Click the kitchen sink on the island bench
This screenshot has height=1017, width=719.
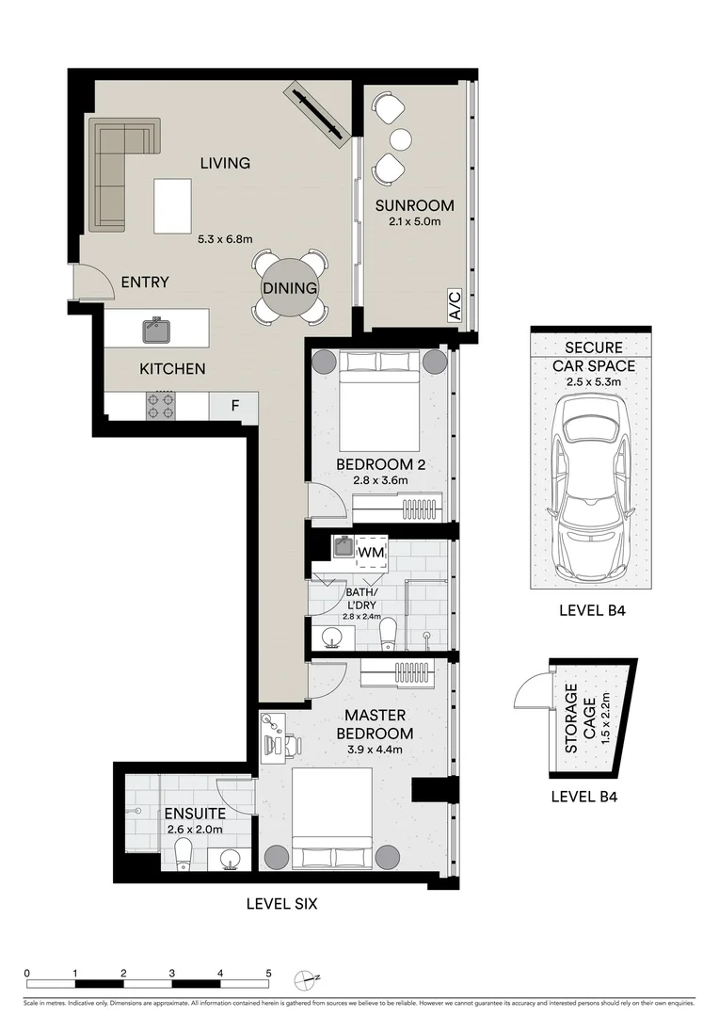tap(156, 330)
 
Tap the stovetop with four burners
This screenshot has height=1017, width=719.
tap(162, 406)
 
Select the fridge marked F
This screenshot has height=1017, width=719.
tap(235, 407)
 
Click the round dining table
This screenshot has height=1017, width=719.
tap(290, 288)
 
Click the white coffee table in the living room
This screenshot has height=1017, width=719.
tap(172, 205)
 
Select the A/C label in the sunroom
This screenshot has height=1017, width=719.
tap(455, 307)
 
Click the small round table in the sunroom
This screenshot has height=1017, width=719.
tap(401, 139)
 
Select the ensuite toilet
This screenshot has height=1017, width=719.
tap(184, 853)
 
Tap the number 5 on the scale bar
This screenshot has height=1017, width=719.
tap(268, 974)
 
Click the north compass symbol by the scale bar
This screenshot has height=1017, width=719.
tap(304, 979)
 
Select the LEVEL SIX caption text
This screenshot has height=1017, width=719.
tap(281, 904)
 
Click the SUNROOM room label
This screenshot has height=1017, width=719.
tap(414, 205)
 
